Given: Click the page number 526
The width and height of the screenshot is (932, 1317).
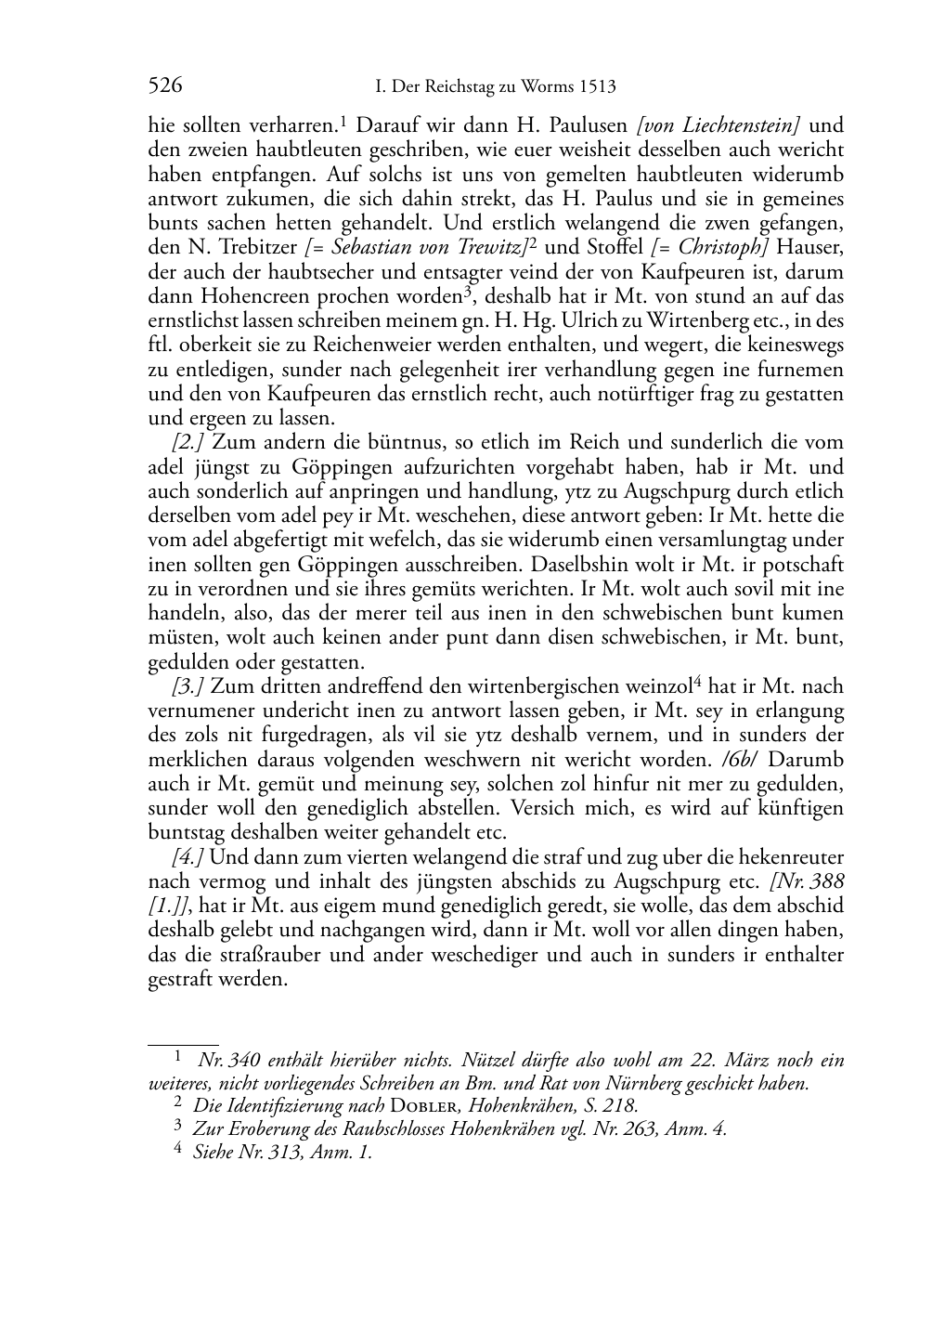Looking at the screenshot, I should coord(165,86).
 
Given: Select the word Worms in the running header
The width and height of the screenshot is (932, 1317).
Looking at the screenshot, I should coord(545,87).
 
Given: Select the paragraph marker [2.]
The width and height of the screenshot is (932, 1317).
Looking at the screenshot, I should coord(188,443).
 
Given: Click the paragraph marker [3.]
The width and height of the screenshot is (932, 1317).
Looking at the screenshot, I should coord(188,687).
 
